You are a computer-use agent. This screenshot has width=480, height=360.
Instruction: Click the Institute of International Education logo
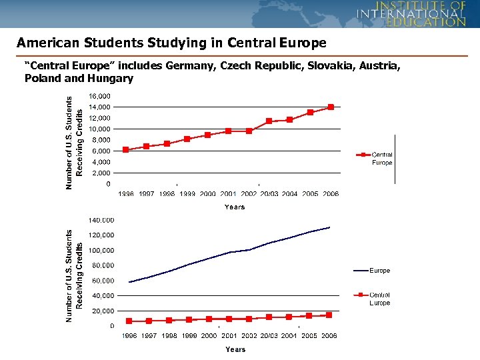411,13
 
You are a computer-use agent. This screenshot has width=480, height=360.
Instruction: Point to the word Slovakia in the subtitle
287,66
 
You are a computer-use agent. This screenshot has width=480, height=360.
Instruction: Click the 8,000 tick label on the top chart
101,140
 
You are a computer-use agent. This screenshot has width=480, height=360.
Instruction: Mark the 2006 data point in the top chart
331,107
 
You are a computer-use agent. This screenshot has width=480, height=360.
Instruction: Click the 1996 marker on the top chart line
125,149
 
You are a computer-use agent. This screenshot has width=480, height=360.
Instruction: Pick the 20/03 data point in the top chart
269,121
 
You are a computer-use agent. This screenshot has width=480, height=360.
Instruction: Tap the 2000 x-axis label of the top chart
208,194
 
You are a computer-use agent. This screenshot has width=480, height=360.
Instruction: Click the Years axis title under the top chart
235,207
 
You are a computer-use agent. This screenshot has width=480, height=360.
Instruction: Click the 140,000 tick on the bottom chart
102,220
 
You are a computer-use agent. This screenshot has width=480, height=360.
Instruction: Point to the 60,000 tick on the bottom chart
102,265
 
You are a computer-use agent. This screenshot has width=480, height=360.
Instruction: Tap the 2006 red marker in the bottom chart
329,315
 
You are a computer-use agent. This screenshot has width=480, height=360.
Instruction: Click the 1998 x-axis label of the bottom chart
169,335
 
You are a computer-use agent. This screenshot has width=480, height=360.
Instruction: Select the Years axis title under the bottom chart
235,349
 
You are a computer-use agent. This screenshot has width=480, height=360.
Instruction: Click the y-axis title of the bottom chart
74,277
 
